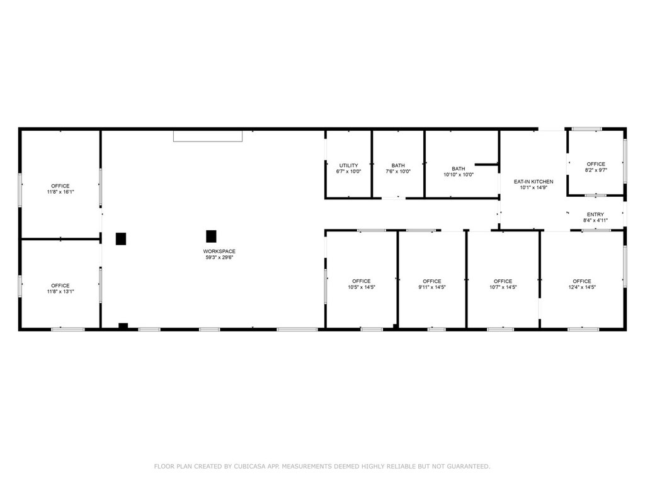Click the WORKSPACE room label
point(219,252)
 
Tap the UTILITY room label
point(348,165)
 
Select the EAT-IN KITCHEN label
point(534,182)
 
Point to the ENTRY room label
point(595,214)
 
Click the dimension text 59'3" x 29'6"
point(219,257)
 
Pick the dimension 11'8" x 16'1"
point(60,192)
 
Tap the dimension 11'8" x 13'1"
point(60,292)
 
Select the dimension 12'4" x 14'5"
point(582,287)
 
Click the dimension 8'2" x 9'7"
point(596,170)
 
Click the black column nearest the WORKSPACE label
point(211,236)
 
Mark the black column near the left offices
point(120,238)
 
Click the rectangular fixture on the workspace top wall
point(208,136)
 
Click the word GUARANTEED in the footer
point(469,466)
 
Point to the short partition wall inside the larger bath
point(487,165)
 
